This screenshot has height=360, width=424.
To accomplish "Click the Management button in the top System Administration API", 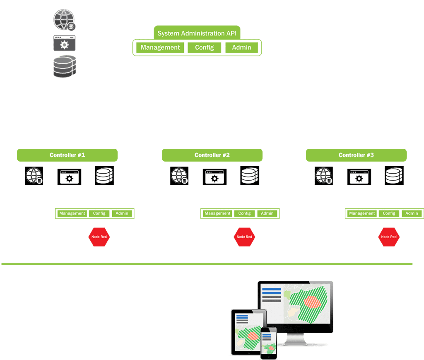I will (x=160, y=47).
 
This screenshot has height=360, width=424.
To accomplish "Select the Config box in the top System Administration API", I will (x=205, y=47).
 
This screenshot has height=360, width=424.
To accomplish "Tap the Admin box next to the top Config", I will (x=241, y=47).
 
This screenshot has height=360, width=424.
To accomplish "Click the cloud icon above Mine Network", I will (x=368, y=42).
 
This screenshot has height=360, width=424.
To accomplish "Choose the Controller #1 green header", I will (x=67, y=155).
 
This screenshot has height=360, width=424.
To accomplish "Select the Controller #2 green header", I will (x=212, y=155).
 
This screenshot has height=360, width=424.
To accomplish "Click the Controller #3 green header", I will (x=356, y=155).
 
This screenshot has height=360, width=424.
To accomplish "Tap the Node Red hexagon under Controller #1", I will (x=99, y=237).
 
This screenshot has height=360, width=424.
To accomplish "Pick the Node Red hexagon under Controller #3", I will (x=389, y=237).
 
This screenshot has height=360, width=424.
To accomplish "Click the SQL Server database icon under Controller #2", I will (x=249, y=176).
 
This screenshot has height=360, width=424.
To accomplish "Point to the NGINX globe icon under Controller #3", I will (x=323, y=176).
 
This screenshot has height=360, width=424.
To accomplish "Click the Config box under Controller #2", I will (x=244, y=213).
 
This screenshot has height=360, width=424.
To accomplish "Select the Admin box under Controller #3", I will (x=412, y=213).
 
